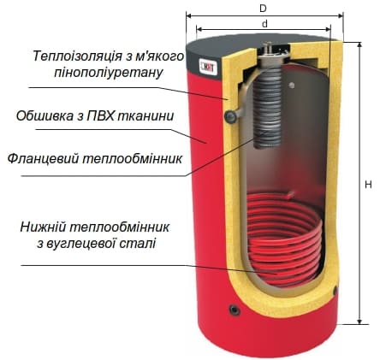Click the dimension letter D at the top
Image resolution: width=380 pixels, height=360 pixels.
(263, 9)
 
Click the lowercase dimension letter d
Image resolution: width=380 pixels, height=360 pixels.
(265, 24)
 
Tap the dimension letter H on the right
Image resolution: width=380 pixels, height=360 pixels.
(368, 185)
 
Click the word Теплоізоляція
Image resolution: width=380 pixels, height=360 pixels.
(76, 56)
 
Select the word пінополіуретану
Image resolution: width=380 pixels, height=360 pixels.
(109, 73)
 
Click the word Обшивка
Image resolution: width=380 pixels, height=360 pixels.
(45, 116)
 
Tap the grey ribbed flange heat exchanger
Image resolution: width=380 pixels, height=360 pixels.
(268, 109)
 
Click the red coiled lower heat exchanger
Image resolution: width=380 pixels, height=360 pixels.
(284, 238)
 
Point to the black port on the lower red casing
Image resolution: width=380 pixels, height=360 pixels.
(235, 310)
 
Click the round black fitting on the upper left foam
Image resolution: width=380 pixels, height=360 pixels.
(230, 116)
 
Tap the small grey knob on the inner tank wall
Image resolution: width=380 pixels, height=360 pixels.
(291, 85)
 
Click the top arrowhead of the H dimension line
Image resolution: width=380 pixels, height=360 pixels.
(359, 44)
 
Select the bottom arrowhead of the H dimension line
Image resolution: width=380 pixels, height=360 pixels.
(359, 322)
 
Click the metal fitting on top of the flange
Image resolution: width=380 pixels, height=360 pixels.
(270, 50)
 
